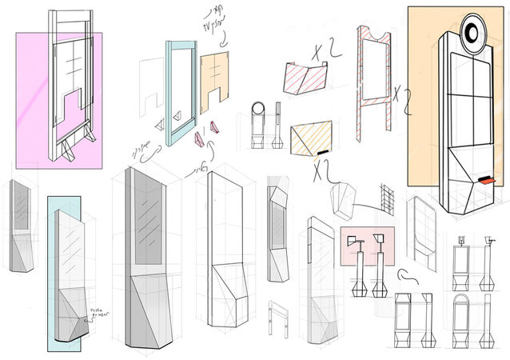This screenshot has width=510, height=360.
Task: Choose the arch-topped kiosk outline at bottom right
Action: pyautogui.click(x=462, y=315)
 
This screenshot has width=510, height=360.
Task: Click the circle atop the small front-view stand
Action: pyautogui.click(x=258, y=110)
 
